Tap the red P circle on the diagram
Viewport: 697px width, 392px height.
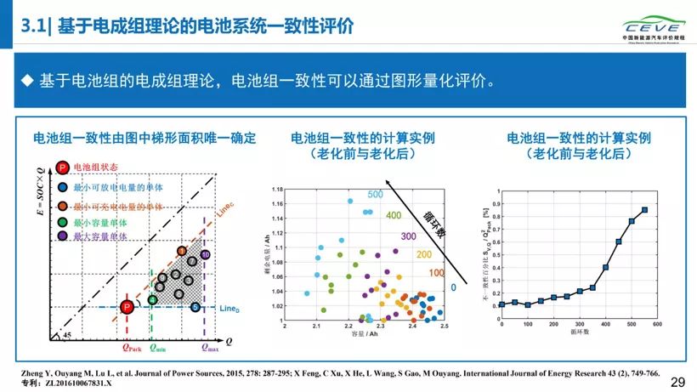[126, 307]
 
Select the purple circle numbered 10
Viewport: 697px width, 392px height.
[205, 254]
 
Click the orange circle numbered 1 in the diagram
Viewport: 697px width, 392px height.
[181, 251]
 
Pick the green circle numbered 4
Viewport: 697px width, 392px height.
[152, 299]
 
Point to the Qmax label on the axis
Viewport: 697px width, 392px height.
[209, 347]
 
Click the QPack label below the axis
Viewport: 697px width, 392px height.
[130, 347]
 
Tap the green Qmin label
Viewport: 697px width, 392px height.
[158, 347]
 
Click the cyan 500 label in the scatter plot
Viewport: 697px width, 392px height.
[376, 195]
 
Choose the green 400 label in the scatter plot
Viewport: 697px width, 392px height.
[393, 215]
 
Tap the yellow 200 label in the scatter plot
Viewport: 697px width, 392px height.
[423, 254]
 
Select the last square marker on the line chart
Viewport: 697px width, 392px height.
[645, 210]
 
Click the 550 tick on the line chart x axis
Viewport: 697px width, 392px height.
[644, 324]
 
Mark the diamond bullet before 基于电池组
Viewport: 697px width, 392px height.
[26, 81]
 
